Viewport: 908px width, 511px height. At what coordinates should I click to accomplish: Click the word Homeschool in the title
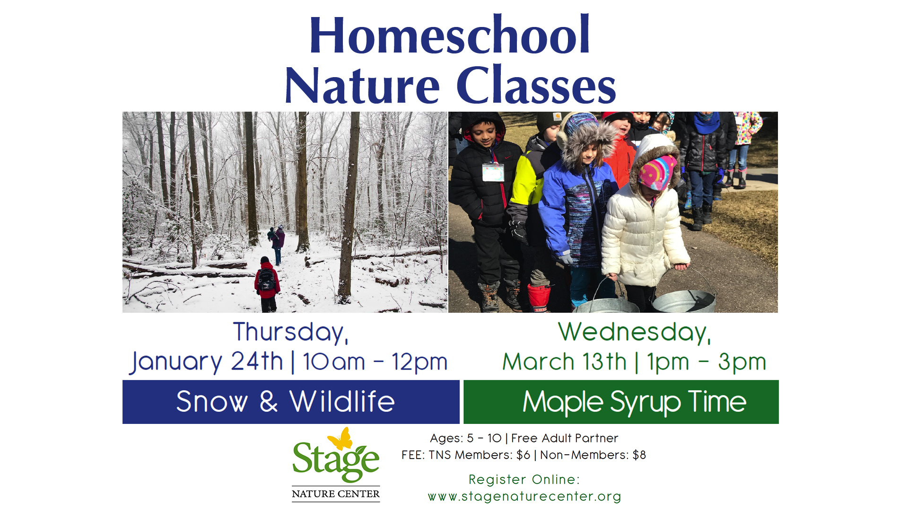[449, 35]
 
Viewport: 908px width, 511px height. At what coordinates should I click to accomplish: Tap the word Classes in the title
[536, 86]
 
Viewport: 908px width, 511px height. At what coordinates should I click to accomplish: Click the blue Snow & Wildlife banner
[291, 402]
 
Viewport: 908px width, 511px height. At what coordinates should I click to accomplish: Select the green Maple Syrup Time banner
[621, 402]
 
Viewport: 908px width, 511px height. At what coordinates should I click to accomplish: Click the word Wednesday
[635, 332]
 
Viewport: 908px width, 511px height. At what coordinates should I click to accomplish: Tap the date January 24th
[207, 362]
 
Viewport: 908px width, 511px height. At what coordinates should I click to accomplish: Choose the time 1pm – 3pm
[707, 362]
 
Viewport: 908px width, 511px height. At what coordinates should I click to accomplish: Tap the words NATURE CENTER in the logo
[336, 494]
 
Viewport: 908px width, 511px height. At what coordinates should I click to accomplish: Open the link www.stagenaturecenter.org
[524, 496]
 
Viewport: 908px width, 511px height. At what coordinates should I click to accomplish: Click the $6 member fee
[524, 455]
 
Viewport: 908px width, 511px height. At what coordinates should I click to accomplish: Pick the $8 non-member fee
[639, 455]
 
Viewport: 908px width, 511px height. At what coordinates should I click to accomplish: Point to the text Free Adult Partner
[565, 438]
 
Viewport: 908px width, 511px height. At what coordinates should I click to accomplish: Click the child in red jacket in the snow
[267, 284]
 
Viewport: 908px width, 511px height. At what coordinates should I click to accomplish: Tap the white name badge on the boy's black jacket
[493, 172]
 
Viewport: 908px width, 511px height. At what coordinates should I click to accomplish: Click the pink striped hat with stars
[657, 172]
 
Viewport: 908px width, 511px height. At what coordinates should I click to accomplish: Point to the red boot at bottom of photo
[539, 298]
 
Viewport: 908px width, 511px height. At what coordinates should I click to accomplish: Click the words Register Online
[524, 479]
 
